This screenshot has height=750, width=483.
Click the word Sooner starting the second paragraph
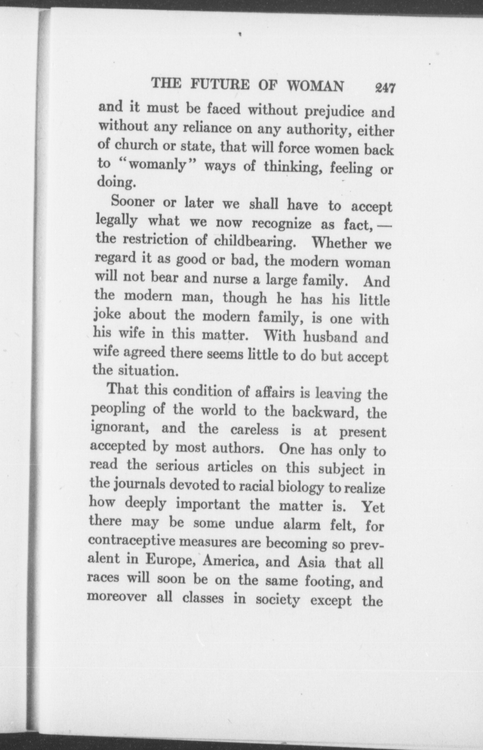[x=133, y=201]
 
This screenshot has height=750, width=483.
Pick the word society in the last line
[x=277, y=600]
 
